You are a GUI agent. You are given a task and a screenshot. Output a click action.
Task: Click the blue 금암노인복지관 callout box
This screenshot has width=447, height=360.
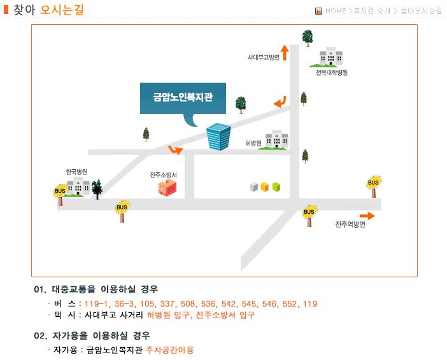coord(183,98)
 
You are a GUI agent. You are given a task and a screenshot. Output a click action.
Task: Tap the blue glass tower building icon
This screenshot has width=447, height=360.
coord(218,136)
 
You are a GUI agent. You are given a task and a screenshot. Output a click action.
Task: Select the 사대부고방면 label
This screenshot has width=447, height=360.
coord(264,57)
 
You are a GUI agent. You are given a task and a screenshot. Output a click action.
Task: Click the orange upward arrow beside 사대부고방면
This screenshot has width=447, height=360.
coord(285,53)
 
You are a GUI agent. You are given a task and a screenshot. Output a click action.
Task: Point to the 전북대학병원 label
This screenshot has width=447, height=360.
coord(332,73)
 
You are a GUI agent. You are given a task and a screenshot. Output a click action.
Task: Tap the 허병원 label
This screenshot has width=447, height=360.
coord(253,143)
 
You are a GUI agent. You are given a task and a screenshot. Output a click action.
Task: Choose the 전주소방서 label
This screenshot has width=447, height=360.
coord(164,175)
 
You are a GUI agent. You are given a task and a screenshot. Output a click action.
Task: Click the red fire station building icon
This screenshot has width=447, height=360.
coord(167,188)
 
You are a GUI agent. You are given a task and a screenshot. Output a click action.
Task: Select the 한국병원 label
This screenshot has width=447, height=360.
coord(76,172)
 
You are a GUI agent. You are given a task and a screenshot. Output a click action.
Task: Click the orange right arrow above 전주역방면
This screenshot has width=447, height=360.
coord(367,216)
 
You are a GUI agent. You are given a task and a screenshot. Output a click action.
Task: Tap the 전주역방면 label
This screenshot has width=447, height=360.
coord(350,225)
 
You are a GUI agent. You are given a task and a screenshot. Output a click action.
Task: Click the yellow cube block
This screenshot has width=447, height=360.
coord(265,186)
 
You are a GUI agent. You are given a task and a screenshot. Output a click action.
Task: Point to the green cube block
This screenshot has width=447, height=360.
coord(276,186)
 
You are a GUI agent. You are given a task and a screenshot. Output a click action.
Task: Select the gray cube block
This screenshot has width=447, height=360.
coord(253,187)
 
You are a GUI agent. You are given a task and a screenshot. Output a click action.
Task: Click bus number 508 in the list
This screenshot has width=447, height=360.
coord(188,304)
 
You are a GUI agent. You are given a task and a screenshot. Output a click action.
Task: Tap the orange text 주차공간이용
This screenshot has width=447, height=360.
coord(169,350)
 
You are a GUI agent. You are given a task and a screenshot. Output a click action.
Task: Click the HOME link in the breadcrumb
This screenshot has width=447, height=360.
coord(336,11)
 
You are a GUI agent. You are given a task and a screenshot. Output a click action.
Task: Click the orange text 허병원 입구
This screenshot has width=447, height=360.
coord(168,315)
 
